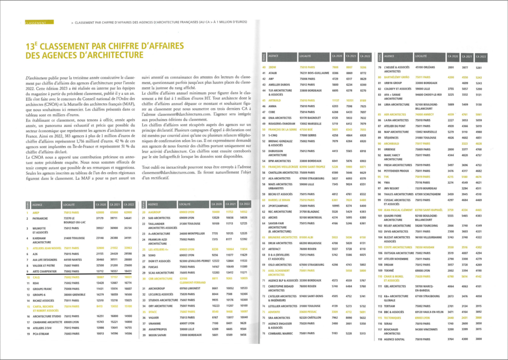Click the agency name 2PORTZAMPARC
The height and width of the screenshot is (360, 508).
click(279, 205)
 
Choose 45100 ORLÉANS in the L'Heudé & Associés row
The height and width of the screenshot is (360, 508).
click(425, 67)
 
